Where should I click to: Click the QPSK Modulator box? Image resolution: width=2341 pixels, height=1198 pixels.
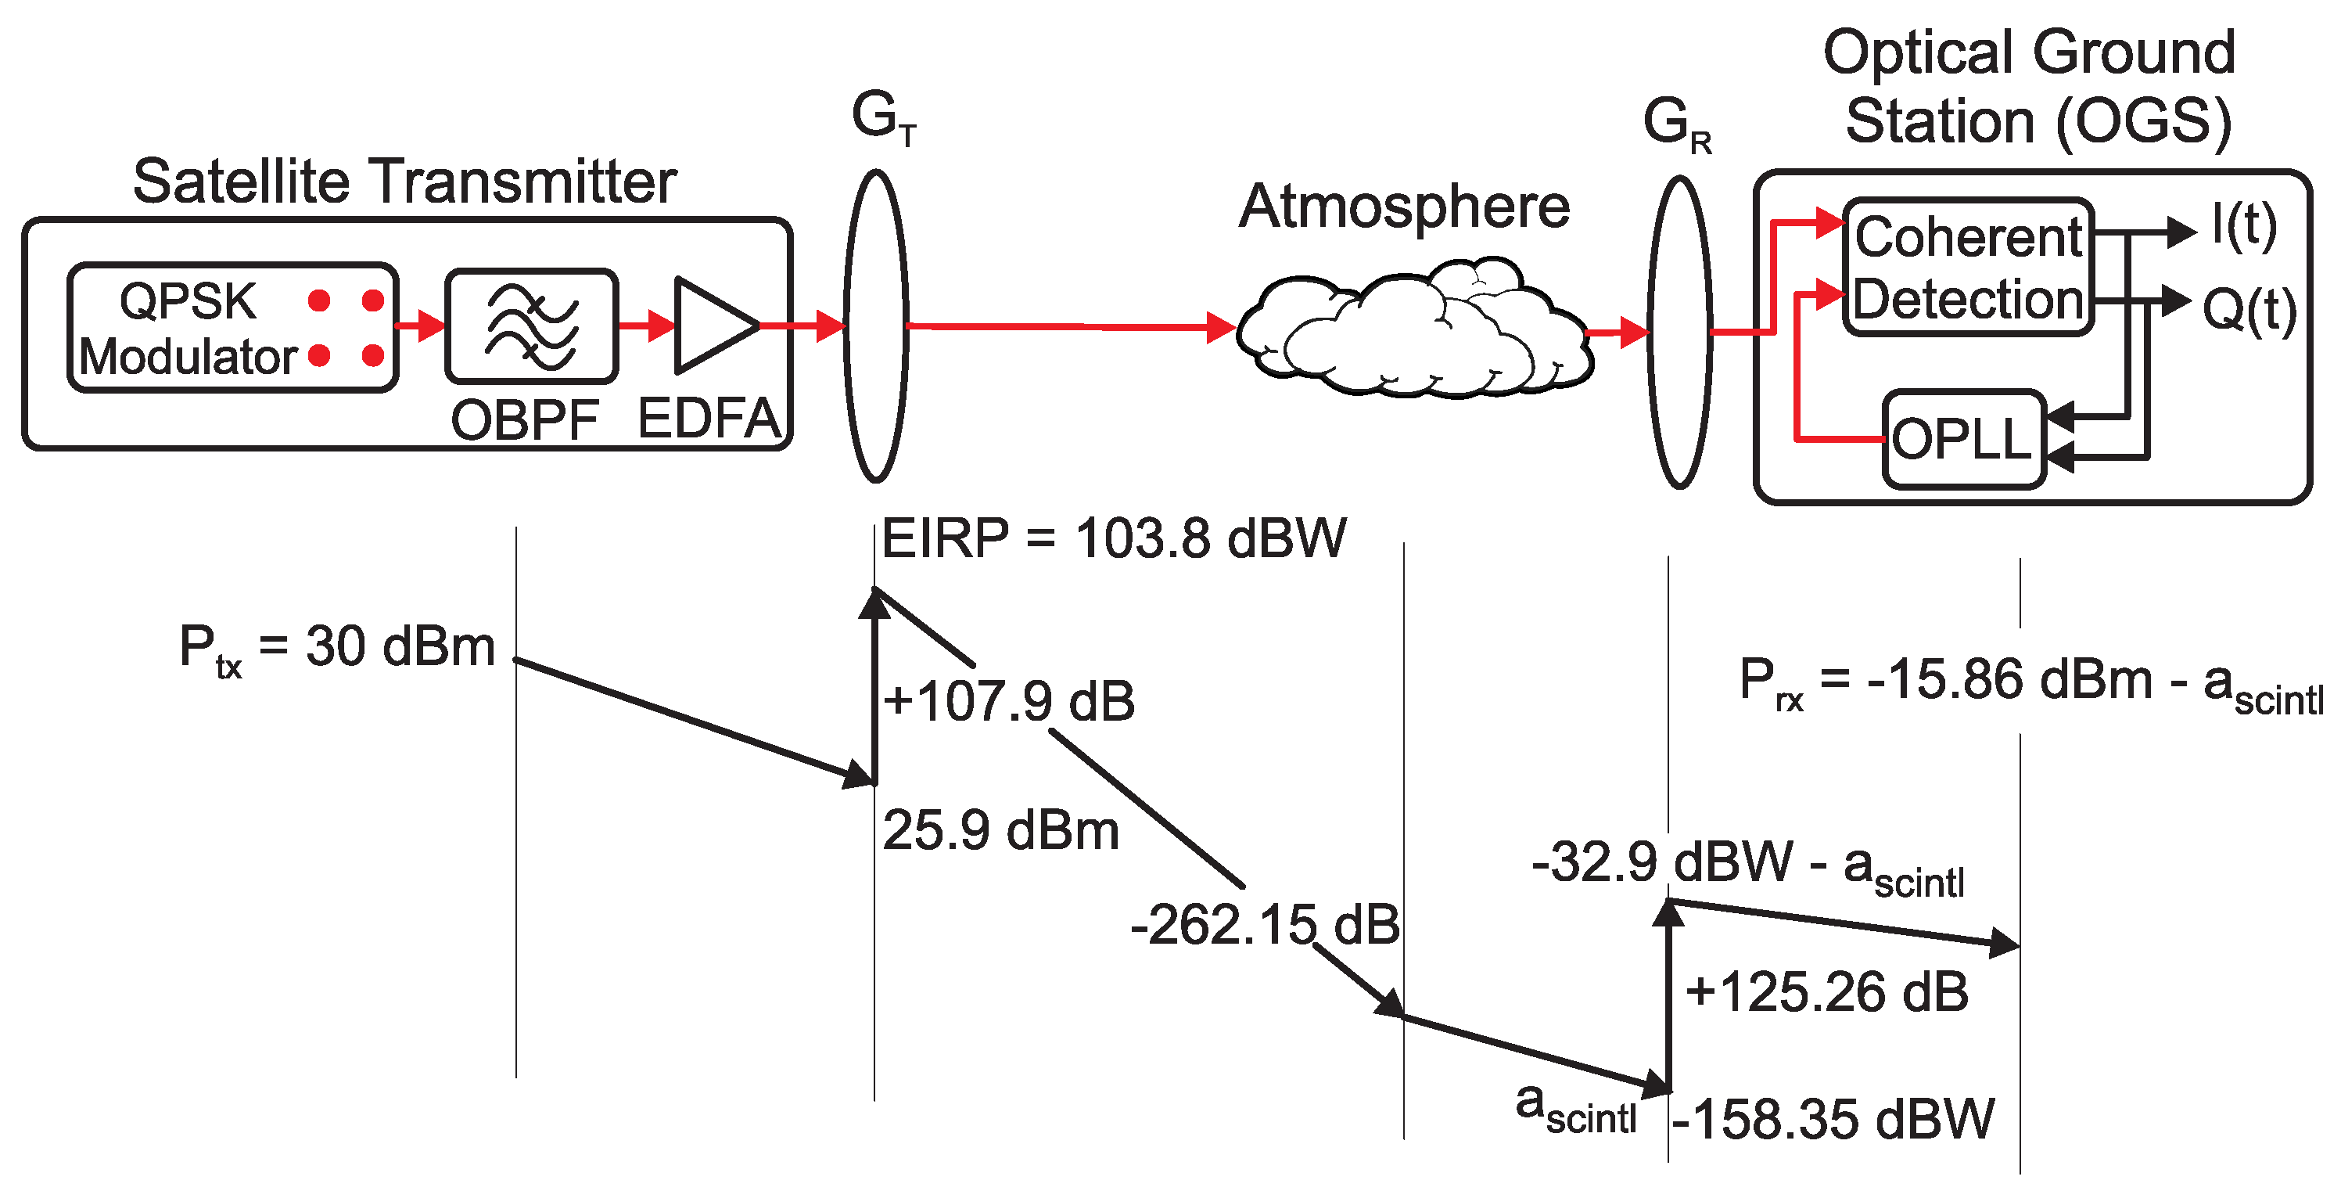232,328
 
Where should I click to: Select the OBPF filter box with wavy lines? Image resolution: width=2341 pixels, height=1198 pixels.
532,326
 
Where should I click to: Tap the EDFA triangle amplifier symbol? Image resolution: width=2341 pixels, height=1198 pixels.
713,326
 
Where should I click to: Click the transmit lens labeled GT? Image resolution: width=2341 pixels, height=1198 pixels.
876,326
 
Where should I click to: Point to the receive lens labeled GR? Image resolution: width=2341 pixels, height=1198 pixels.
1679,333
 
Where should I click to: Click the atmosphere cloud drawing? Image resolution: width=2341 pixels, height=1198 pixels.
1413,333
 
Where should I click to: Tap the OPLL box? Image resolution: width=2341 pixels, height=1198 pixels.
1963,440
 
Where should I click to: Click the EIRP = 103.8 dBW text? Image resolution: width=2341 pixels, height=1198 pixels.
1113,538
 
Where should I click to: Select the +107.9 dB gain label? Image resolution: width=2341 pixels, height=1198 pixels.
1009,702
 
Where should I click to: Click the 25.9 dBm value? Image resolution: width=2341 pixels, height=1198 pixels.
1000,831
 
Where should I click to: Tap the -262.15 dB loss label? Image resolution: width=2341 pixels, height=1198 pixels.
1264,926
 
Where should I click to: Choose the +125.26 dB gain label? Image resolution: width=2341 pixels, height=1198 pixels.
1826,991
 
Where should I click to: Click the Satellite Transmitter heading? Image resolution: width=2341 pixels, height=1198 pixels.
404,181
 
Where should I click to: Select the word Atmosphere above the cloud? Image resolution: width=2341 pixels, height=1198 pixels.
1404,207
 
